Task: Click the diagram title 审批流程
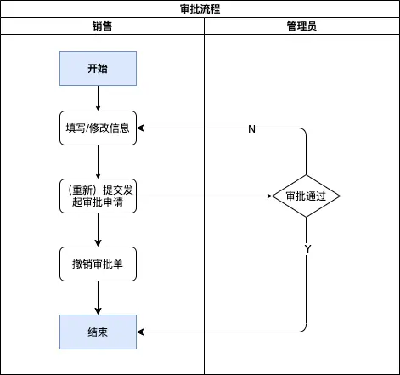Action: (200, 9)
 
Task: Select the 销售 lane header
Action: (102, 26)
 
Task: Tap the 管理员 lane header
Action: (301, 26)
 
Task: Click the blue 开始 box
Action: (98, 68)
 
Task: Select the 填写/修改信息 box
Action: (98, 128)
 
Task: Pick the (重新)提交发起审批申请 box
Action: (98, 196)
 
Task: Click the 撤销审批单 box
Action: (98, 264)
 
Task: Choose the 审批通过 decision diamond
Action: (306, 196)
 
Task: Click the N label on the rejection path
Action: (251, 128)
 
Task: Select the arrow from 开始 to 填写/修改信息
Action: (98, 98)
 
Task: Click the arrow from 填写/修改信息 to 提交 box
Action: (98, 162)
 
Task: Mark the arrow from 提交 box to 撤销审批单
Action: (98, 230)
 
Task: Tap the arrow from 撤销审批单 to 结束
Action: (98, 298)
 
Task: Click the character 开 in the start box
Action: (92, 68)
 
